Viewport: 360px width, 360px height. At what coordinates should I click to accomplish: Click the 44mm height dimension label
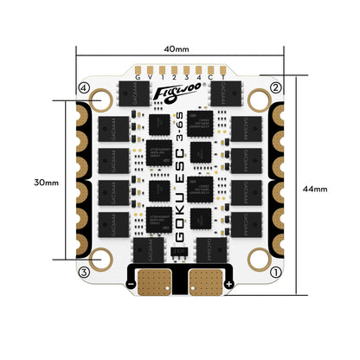point(326,188)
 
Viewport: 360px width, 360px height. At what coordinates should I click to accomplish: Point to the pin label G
point(138,78)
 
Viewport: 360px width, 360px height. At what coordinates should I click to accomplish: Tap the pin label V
point(150,78)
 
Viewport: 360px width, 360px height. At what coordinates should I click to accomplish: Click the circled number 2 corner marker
point(275,87)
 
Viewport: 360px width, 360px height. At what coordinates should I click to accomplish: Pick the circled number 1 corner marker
point(275,273)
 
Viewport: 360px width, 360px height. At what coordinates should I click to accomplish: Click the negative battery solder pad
point(155,280)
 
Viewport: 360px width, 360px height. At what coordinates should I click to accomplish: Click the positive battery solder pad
point(205,280)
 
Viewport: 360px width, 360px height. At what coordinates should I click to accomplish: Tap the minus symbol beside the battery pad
point(130,283)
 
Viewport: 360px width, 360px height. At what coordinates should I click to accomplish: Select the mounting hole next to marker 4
point(102,102)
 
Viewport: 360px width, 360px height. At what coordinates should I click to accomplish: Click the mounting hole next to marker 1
point(258,258)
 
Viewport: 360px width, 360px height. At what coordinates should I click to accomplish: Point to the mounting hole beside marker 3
point(102,258)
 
